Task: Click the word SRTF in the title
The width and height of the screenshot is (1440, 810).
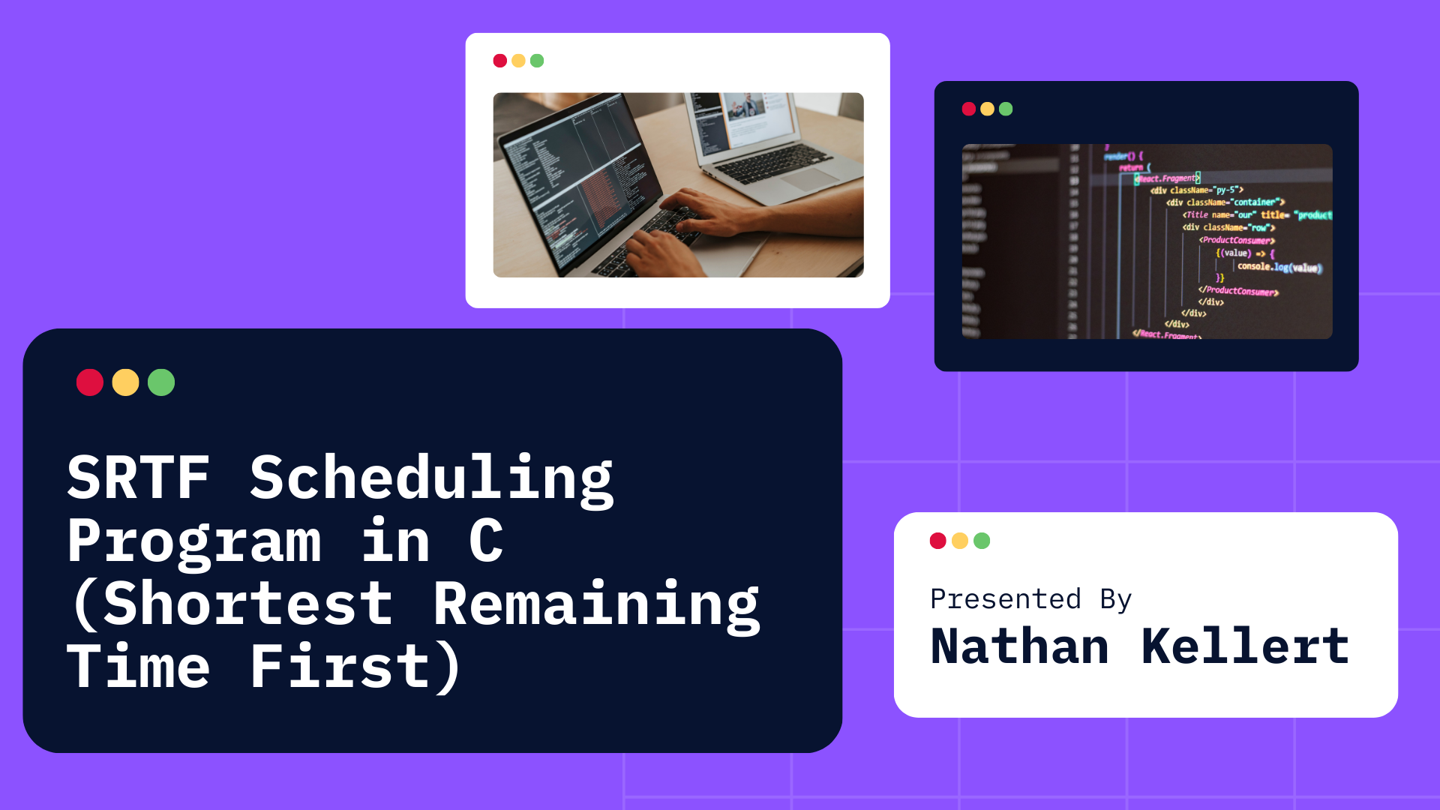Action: [138, 478]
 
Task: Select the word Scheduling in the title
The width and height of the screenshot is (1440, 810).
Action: [431, 480]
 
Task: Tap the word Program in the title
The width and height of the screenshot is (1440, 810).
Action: [194, 541]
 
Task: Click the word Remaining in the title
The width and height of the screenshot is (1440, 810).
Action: [596, 606]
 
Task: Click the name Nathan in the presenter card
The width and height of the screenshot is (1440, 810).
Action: [1019, 646]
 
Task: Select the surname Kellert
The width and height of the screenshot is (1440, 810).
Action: [1245, 646]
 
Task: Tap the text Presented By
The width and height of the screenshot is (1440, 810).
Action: [1030, 599]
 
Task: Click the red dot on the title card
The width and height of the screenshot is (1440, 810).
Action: [90, 382]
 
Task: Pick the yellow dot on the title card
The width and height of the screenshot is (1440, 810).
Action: [125, 382]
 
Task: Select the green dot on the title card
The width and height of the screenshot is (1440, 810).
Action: [161, 382]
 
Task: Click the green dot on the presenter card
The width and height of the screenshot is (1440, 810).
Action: [982, 541]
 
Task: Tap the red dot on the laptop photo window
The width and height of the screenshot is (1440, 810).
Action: [500, 61]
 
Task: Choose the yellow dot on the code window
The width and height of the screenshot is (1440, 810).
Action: [987, 109]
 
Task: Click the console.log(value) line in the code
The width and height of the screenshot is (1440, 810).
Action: [1279, 267]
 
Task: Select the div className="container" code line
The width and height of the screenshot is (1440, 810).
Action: [1225, 202]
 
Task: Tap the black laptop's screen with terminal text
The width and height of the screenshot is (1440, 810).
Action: [570, 172]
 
